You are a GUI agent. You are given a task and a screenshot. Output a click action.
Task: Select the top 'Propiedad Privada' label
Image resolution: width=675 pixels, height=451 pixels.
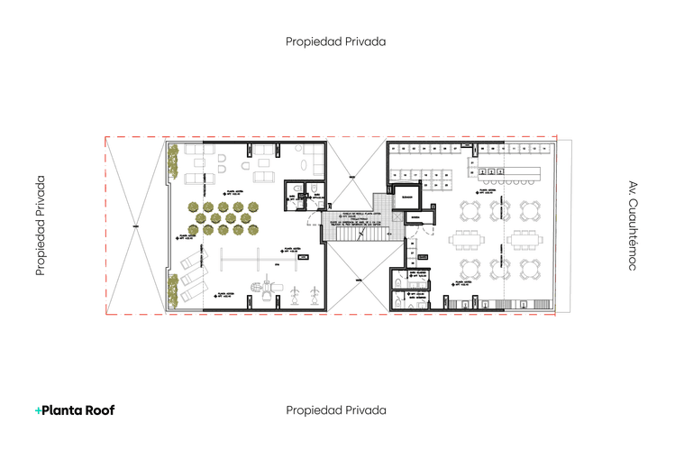point(336,41)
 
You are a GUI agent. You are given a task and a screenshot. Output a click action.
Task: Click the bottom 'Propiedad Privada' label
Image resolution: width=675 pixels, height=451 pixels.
point(336,410)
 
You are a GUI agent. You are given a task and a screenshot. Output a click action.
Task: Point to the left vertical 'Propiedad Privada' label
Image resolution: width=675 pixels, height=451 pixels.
point(41,225)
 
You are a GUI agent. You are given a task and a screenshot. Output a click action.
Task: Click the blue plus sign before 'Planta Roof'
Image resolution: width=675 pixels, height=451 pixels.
point(38,410)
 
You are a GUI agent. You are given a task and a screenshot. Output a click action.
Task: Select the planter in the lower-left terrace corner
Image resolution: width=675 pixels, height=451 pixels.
point(172,290)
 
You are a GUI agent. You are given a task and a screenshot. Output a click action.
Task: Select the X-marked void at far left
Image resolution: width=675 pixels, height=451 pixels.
point(133,225)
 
